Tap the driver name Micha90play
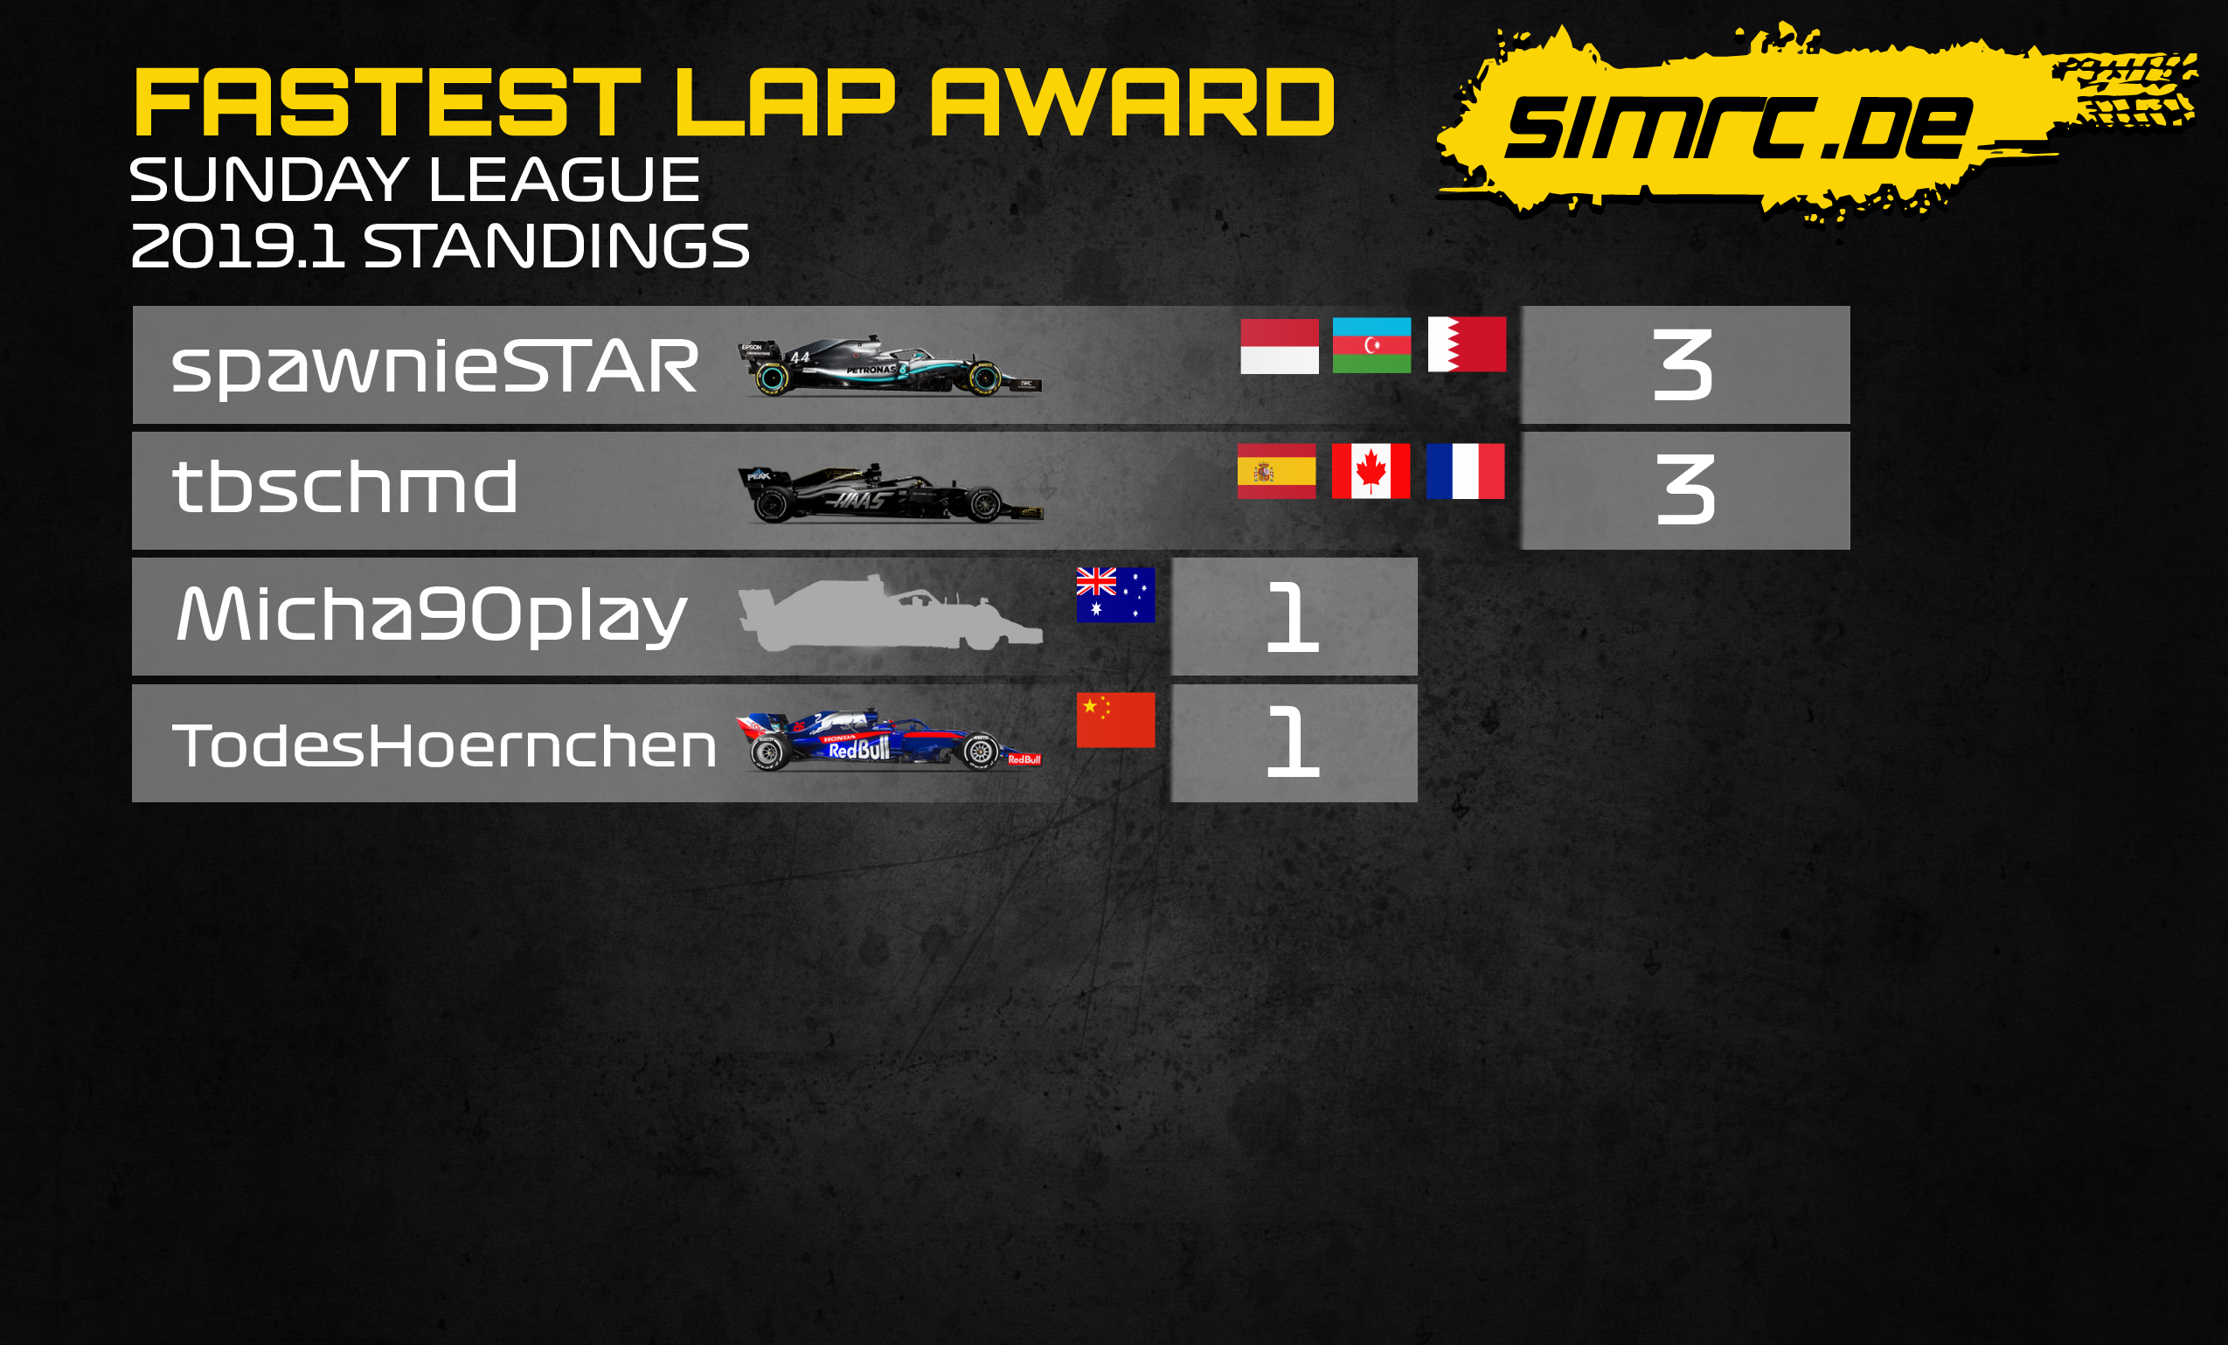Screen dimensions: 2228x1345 pyautogui.click(x=431, y=614)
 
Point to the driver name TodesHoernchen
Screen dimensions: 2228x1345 pyautogui.click(x=444, y=745)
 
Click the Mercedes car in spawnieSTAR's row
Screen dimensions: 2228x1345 pyautogui.click(x=890, y=366)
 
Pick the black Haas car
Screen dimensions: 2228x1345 pyautogui.click(x=891, y=493)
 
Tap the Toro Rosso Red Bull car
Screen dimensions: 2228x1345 pyautogui.click(x=889, y=739)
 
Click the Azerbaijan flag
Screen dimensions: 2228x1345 pyautogui.click(x=1371, y=345)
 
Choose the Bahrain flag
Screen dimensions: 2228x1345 pyautogui.click(x=1467, y=343)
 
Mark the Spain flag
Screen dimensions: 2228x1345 pyautogui.click(x=1277, y=471)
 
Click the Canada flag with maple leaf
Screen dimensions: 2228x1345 pyautogui.click(x=1371, y=471)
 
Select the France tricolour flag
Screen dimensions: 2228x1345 pyautogui.click(x=1466, y=471)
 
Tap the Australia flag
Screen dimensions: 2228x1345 pyautogui.click(x=1116, y=595)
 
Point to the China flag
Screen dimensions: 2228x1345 pyautogui.click(x=1116, y=720)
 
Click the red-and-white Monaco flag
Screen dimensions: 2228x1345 pyautogui.click(x=1280, y=346)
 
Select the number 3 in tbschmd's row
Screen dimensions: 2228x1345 pyautogui.click(x=1685, y=491)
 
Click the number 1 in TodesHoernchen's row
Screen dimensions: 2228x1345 pyautogui.click(x=1293, y=742)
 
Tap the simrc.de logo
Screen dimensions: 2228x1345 pyautogui.click(x=1817, y=122)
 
